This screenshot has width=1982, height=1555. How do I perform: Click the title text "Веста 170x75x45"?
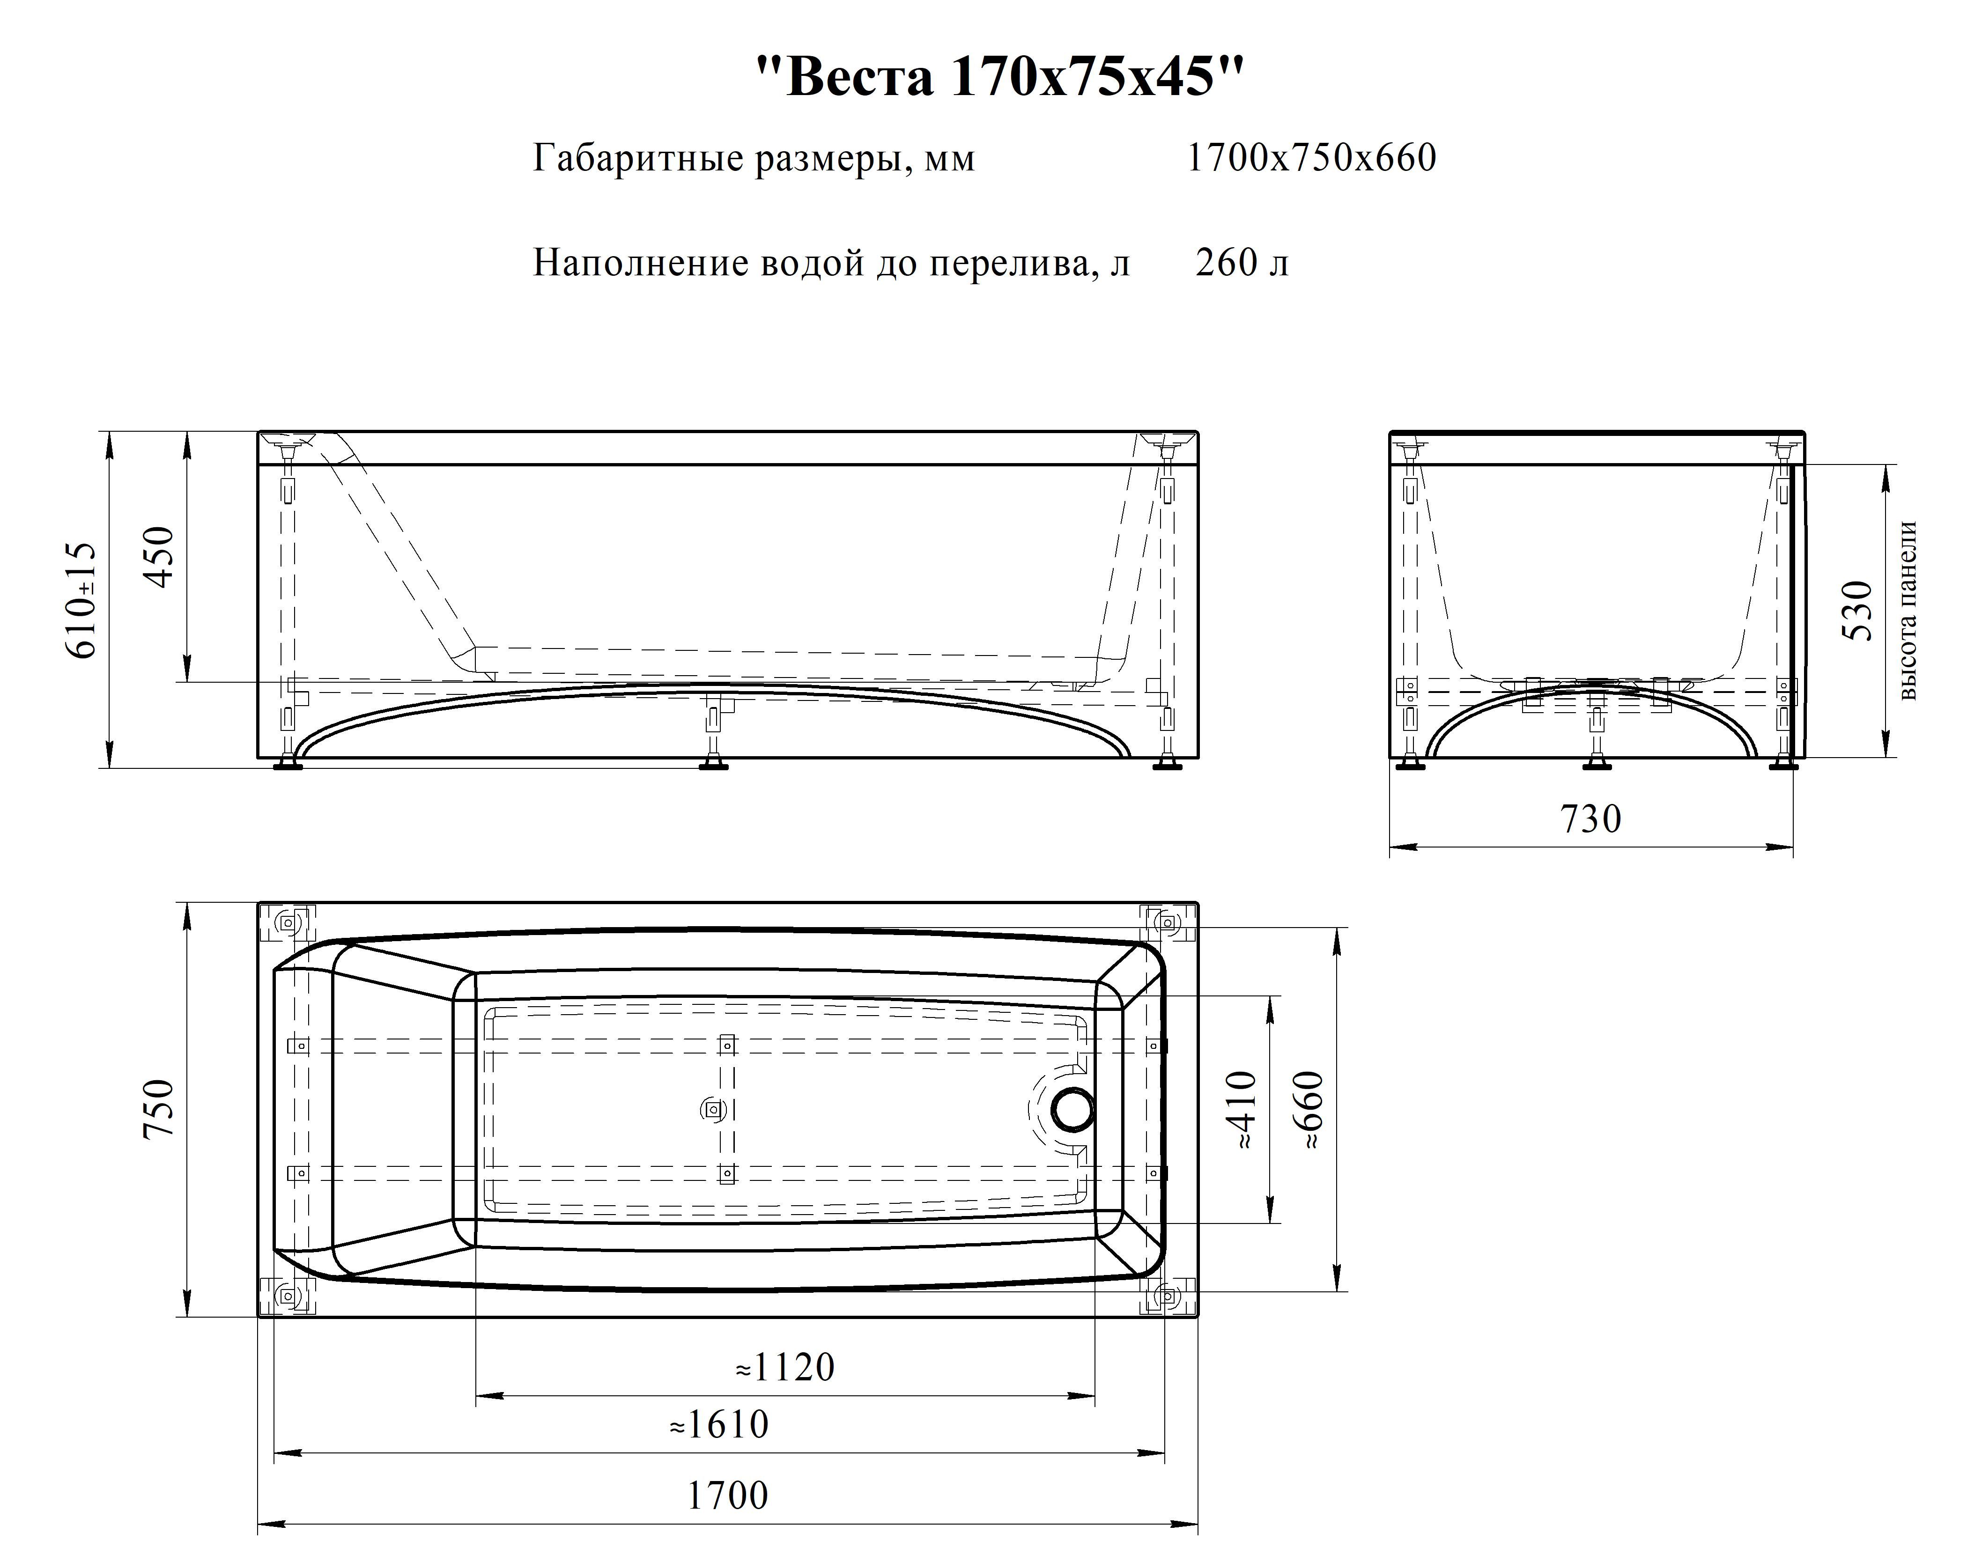pyautogui.click(x=1000, y=76)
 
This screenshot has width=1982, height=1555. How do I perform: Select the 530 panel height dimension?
pyautogui.click(x=1857, y=611)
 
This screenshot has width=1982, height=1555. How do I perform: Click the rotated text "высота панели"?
pyautogui.click(x=1909, y=611)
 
